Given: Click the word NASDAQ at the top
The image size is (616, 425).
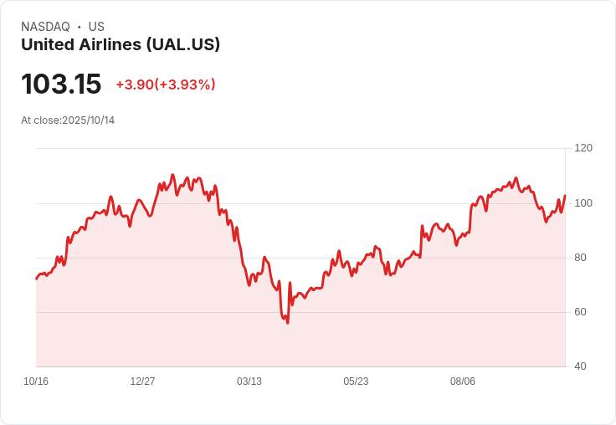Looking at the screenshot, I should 45,27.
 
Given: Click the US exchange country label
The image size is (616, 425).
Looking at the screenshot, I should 96,27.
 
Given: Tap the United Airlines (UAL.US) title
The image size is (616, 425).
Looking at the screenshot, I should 121,44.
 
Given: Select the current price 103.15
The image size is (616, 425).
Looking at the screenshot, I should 61,84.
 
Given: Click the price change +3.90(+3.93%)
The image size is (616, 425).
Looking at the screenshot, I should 166,84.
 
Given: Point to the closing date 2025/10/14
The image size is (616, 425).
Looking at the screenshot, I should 89,120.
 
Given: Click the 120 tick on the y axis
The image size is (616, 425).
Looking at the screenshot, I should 583,148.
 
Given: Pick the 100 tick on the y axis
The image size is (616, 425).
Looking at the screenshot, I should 583,203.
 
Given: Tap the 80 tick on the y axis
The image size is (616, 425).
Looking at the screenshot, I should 580,258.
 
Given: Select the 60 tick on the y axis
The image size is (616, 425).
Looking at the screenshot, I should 580,312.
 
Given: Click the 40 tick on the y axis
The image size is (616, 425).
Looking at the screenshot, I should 580,366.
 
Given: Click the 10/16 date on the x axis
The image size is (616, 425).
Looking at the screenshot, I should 36,381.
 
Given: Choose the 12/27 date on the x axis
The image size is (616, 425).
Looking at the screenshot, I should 142,381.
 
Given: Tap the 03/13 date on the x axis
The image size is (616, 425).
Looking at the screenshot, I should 249,381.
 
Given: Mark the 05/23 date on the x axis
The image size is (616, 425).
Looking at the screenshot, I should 356,381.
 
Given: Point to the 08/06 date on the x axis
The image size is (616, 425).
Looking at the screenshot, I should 463,381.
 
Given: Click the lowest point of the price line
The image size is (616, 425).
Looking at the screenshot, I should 288,323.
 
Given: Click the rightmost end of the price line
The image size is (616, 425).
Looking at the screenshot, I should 565,196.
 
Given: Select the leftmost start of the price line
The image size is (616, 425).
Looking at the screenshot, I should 36,279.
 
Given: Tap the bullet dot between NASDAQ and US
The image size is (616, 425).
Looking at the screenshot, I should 80,27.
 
